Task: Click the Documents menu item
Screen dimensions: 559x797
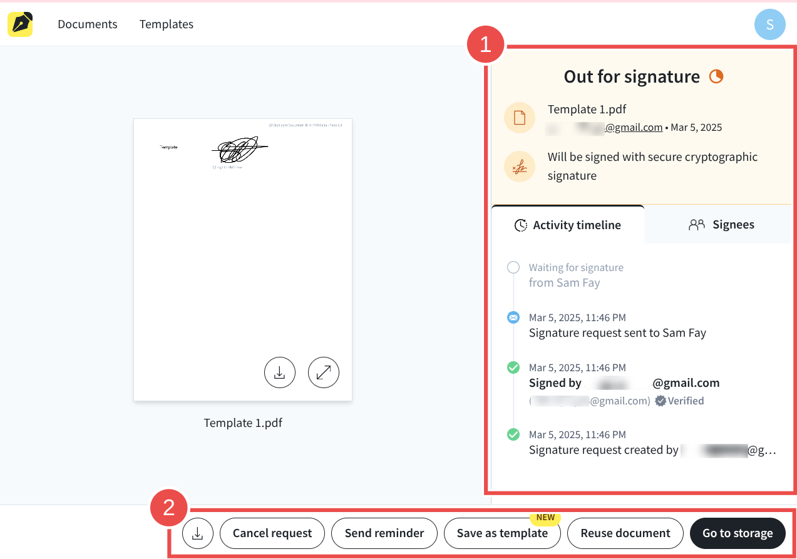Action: point(87,24)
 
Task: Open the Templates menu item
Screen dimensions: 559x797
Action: point(166,24)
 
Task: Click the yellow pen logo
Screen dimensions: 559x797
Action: point(20,24)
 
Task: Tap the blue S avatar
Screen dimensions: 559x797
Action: point(769,24)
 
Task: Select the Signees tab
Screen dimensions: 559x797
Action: point(721,225)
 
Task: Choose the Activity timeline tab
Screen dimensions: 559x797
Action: point(567,225)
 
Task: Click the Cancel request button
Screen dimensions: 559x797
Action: point(272,533)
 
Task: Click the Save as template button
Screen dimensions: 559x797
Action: point(501,533)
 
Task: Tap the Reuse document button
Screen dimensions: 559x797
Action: point(625,533)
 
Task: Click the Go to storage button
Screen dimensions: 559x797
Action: point(737,533)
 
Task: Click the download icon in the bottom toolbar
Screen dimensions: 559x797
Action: point(198,533)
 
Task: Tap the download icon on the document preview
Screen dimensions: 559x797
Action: point(280,372)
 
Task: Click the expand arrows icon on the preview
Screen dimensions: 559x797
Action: point(324,372)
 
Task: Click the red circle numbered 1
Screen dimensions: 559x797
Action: point(485,44)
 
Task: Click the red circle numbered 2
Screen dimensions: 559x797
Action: point(168,508)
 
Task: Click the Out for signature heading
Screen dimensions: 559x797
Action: point(631,76)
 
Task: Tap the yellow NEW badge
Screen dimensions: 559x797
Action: point(545,518)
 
